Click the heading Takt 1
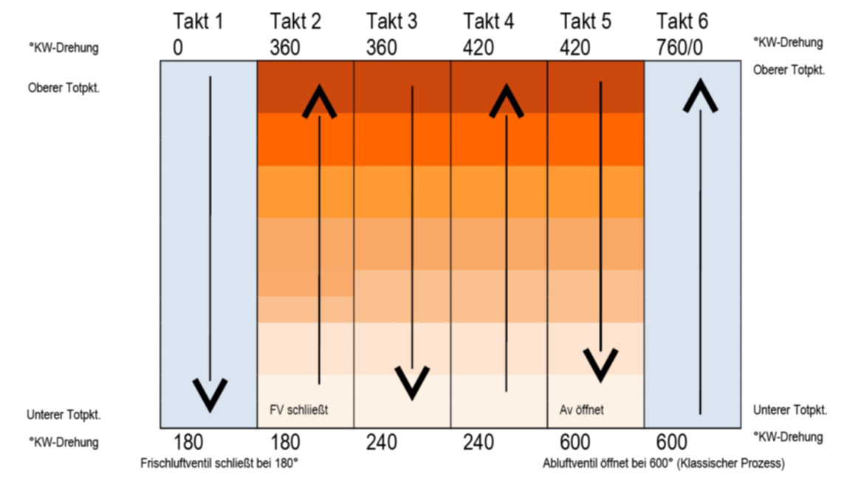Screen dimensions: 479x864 click(197, 21)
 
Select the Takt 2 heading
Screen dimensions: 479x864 click(295, 21)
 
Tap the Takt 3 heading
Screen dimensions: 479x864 click(391, 21)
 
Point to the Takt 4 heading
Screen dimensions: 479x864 click(488, 21)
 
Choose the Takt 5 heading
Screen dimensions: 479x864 click(586, 21)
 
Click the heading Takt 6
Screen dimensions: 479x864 click(682, 21)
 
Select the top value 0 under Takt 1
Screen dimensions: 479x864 click(178, 48)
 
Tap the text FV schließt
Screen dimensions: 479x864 click(298, 409)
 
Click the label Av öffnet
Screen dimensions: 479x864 click(582, 409)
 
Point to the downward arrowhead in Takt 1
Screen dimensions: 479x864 click(210, 394)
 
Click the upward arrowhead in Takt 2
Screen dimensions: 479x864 click(319, 102)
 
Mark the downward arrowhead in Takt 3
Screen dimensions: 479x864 click(412, 381)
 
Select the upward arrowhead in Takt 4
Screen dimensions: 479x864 click(507, 101)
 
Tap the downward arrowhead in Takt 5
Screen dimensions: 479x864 click(601, 364)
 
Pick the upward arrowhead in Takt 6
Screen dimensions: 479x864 click(699, 96)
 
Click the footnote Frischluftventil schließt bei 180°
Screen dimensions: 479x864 click(219, 463)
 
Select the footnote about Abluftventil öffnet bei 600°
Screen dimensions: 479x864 click(663, 463)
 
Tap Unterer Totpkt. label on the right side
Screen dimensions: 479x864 click(789, 410)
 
